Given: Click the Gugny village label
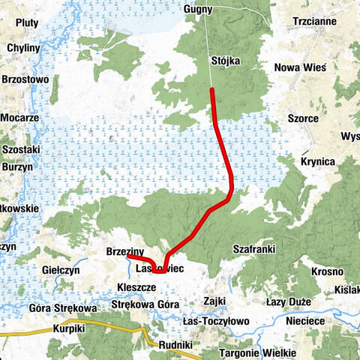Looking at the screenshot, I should coord(198,10).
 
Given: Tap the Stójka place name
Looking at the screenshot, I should coord(227,61).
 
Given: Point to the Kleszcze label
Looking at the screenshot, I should coord(136,286).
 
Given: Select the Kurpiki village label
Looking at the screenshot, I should coord(69,328).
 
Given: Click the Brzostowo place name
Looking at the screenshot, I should coord(25,78).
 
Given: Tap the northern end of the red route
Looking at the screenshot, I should coord(212,90).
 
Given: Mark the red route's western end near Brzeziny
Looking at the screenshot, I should coord(128,256).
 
